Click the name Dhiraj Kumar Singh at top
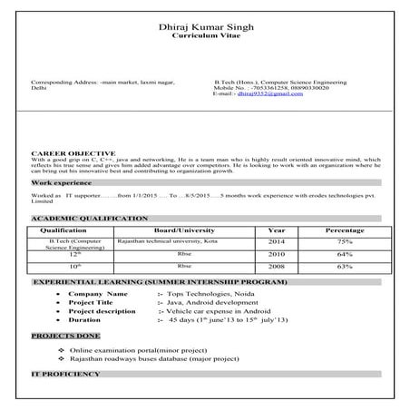[x=204, y=27]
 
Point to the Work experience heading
[x=63, y=182]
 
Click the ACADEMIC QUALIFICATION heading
[x=89, y=219]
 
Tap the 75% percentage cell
[x=345, y=242]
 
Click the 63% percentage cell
[x=345, y=267]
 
